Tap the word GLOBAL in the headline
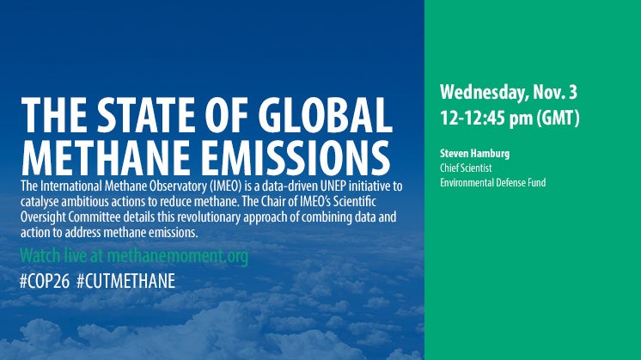click(x=325, y=115)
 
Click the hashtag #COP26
click(x=45, y=281)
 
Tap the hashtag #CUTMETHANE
click(x=126, y=281)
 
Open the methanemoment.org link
click(x=177, y=256)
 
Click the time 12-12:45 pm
click(x=486, y=118)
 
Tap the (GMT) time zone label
click(x=558, y=118)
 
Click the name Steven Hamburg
click(x=474, y=154)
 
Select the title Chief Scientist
click(x=466, y=168)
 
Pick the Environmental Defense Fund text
click(x=492, y=182)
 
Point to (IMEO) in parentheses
click(x=226, y=186)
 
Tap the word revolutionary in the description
click(x=209, y=217)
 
